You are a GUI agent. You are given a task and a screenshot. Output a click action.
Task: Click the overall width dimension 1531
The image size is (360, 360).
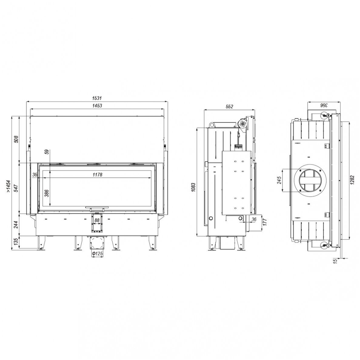[97, 98]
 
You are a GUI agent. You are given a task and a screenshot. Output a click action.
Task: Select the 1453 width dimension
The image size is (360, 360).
[97, 106]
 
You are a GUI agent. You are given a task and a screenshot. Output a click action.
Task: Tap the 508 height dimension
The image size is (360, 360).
[16, 139]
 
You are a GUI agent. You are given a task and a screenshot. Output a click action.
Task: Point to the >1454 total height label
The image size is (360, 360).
[8, 186]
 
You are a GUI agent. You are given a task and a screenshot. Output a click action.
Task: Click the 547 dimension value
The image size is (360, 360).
[16, 188]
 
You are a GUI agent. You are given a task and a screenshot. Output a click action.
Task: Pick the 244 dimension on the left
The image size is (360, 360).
[16, 225]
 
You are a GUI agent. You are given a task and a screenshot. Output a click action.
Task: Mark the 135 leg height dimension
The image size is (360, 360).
[16, 242]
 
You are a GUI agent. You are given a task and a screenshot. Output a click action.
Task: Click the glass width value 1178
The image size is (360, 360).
[97, 175]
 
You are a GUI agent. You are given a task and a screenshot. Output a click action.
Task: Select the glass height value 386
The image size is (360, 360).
[47, 193]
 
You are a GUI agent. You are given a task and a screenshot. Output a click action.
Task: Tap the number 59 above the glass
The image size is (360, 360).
[47, 152]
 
